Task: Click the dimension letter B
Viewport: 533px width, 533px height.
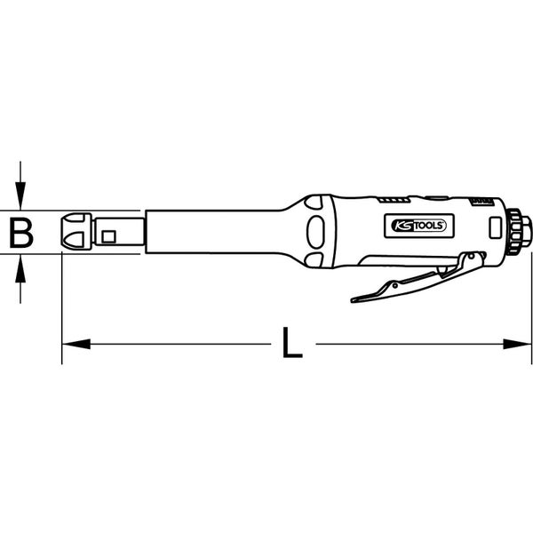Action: (x=21, y=233)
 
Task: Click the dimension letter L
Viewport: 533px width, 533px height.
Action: (x=292, y=343)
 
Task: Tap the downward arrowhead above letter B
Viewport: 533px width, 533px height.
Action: (x=20, y=195)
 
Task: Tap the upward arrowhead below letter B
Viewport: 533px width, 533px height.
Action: (x=20, y=268)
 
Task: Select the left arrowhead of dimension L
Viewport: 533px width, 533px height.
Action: (x=76, y=344)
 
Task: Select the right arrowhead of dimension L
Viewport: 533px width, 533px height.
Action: (x=517, y=344)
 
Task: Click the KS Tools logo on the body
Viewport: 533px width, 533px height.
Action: (x=418, y=226)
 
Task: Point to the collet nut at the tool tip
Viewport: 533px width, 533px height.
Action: (x=76, y=231)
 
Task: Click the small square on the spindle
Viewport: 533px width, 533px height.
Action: (x=108, y=236)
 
